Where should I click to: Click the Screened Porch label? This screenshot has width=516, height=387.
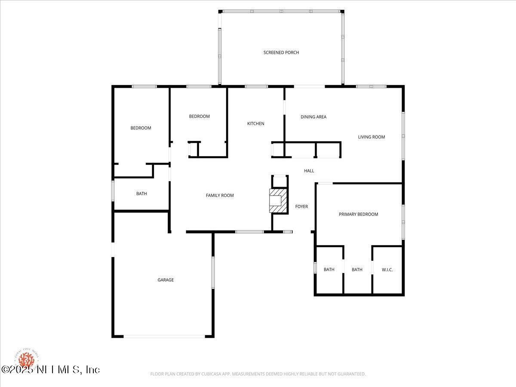click(x=281, y=52)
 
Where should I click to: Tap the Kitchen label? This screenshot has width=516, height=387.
click(x=255, y=124)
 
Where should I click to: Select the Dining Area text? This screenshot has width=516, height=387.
click(x=313, y=117)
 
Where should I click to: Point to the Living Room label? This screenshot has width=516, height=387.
click(x=372, y=137)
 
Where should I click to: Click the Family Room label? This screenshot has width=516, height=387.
click(x=220, y=196)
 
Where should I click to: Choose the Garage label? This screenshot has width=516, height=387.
click(x=166, y=280)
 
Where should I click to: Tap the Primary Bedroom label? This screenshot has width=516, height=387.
click(x=358, y=215)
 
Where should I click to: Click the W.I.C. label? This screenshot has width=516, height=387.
click(x=387, y=270)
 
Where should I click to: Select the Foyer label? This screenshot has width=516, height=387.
click(x=301, y=207)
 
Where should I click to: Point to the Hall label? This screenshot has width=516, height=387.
click(x=309, y=171)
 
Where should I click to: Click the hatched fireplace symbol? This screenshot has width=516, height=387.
click(x=277, y=201)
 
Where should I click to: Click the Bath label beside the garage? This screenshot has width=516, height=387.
click(x=141, y=194)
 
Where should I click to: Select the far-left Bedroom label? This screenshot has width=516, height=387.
click(x=141, y=128)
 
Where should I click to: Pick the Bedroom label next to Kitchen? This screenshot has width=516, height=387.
click(x=200, y=117)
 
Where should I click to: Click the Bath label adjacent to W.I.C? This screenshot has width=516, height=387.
click(x=357, y=270)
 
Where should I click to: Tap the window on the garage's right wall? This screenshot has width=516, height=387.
click(x=212, y=273)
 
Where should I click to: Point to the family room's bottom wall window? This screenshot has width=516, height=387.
click(x=249, y=232)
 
